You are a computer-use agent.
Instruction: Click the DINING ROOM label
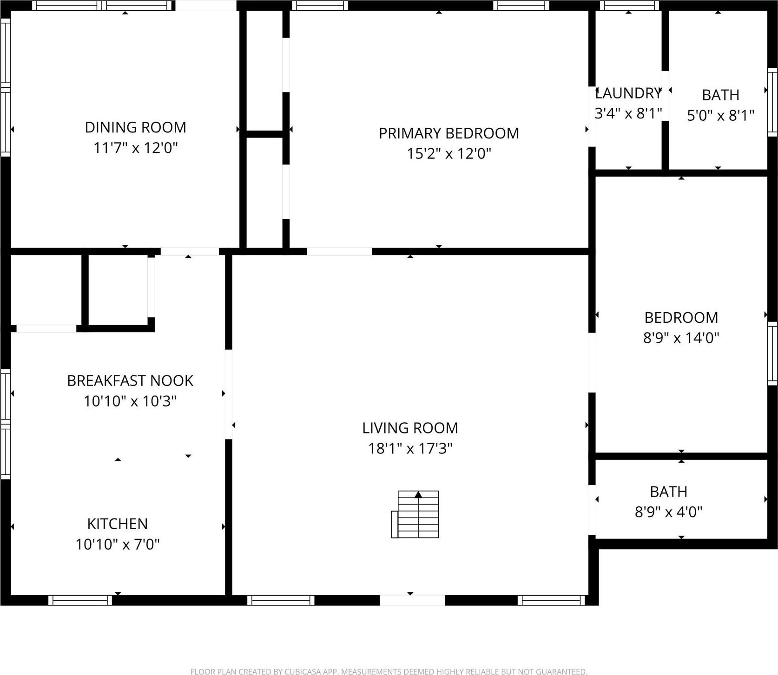tap(135, 127)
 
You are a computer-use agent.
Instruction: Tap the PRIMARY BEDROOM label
tap(448, 133)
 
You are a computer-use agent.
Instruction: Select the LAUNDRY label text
tap(628, 93)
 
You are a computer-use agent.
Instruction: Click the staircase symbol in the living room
tap(415, 514)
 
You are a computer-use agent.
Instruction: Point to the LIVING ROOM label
tap(410, 428)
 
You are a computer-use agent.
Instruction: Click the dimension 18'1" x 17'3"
tap(410, 448)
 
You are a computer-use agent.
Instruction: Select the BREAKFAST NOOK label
tap(130, 381)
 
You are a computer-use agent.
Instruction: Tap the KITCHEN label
tap(118, 524)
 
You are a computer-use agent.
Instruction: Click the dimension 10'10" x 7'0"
tap(118, 544)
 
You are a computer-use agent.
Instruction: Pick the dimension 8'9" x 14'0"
tap(681, 338)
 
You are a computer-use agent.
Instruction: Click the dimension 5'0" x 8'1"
tap(720, 115)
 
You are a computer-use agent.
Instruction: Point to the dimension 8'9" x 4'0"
tap(668, 512)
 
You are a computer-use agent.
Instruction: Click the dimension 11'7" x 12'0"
tap(136, 148)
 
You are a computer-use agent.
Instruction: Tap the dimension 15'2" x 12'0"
tap(449, 153)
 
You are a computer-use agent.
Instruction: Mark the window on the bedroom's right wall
tap(772, 354)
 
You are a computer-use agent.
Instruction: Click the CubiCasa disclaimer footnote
tap(389, 671)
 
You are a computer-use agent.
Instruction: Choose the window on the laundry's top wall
tap(629, 6)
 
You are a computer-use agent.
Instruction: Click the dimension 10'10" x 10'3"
tap(130, 401)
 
